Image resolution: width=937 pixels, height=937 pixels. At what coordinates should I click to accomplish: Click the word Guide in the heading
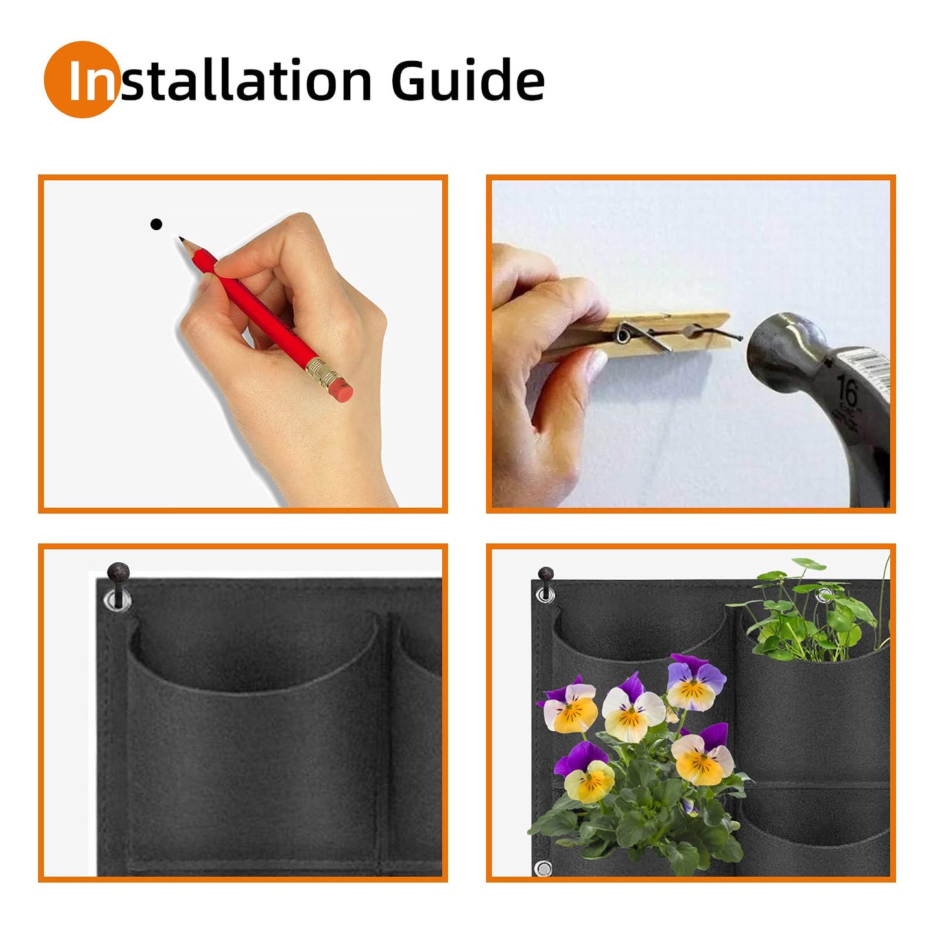pyautogui.click(x=467, y=80)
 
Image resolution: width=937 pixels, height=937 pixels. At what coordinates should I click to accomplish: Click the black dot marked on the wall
pyautogui.click(x=156, y=224)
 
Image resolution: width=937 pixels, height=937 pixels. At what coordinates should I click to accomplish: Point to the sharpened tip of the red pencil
pyautogui.click(x=181, y=240)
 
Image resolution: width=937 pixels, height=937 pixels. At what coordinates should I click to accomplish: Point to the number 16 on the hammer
pyautogui.click(x=846, y=392)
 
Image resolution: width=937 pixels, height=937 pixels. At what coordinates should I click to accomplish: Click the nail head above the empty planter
pyautogui.click(x=118, y=573)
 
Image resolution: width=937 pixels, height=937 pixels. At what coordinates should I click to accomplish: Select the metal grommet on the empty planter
pyautogui.click(x=117, y=600)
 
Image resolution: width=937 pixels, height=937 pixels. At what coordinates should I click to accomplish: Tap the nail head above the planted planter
pyautogui.click(x=545, y=574)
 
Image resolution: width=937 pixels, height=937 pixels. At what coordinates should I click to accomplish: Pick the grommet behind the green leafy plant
pyautogui.click(x=825, y=594)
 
